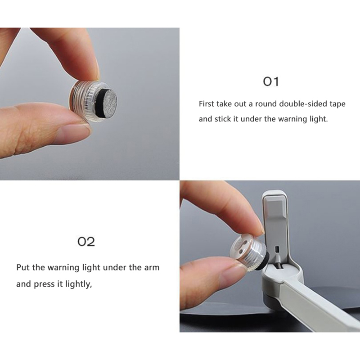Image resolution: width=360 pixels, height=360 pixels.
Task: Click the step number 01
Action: click(271, 82)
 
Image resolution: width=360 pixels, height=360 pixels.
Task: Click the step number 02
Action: click(86, 242)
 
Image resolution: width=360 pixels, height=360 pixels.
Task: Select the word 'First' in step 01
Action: click(207, 104)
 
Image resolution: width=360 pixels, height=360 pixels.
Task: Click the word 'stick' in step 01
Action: click(222, 119)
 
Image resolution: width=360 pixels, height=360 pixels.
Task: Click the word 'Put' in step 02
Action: click(23, 268)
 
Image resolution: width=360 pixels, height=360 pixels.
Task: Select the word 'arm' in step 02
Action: click(152, 268)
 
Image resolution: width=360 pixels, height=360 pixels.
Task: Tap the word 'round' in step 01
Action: click(266, 104)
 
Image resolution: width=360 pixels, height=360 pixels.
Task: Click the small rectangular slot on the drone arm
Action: click(277, 249)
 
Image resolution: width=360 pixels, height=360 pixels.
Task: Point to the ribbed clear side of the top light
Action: click(83, 101)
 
